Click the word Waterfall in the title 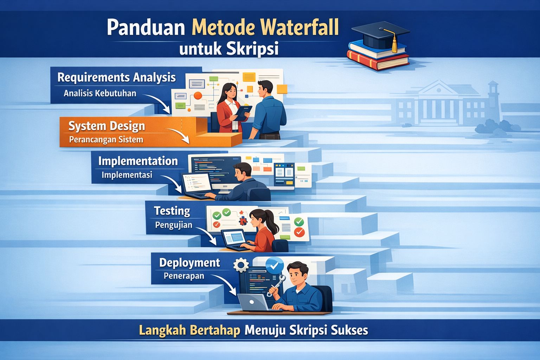coord(301,28)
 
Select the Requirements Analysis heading coord(116,77)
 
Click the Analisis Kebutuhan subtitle coord(100,94)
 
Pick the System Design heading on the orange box coord(107,126)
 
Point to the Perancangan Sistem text coord(106,140)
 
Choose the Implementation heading coord(138,161)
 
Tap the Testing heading coord(172,211)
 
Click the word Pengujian coord(174,225)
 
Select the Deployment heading coord(189,263)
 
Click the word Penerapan coord(184,276)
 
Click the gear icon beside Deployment coord(241,265)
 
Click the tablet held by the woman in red coord(243,112)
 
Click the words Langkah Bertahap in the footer coord(190,330)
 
